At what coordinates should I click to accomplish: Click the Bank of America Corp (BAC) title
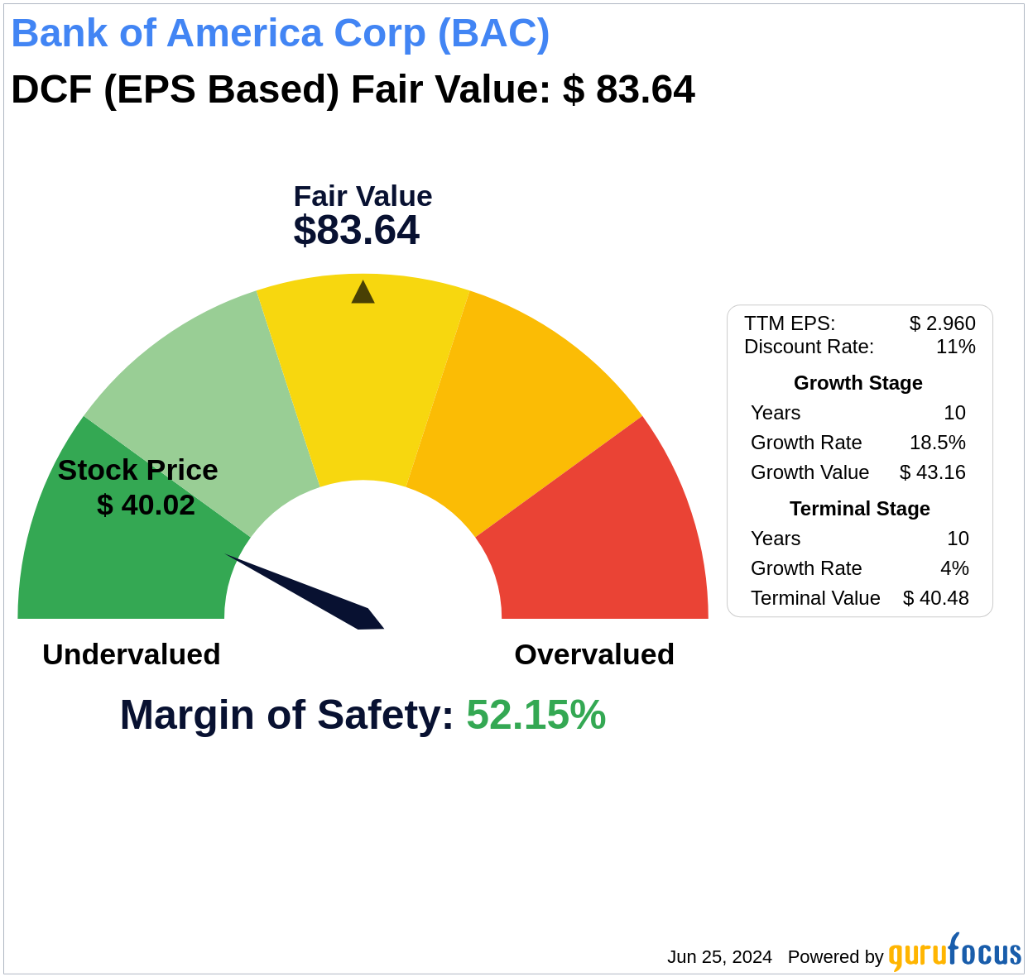280,33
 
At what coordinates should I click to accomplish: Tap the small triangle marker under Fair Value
363,293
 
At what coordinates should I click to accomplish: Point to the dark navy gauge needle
315,594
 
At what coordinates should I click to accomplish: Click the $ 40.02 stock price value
146,505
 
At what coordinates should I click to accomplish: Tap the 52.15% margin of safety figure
536,715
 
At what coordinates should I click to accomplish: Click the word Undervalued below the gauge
132,654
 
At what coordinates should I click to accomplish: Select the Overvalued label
594,654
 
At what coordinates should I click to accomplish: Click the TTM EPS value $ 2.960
942,323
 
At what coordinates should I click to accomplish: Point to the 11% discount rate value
955,347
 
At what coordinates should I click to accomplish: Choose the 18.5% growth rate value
937,443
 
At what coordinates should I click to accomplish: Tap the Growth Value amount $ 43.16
932,472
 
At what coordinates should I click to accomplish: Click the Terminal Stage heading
859,509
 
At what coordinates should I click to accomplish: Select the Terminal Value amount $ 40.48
935,598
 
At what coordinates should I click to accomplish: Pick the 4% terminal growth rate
954,568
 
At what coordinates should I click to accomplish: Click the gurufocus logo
954,953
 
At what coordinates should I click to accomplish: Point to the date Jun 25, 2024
719,957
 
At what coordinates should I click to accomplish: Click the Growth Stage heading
857,383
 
